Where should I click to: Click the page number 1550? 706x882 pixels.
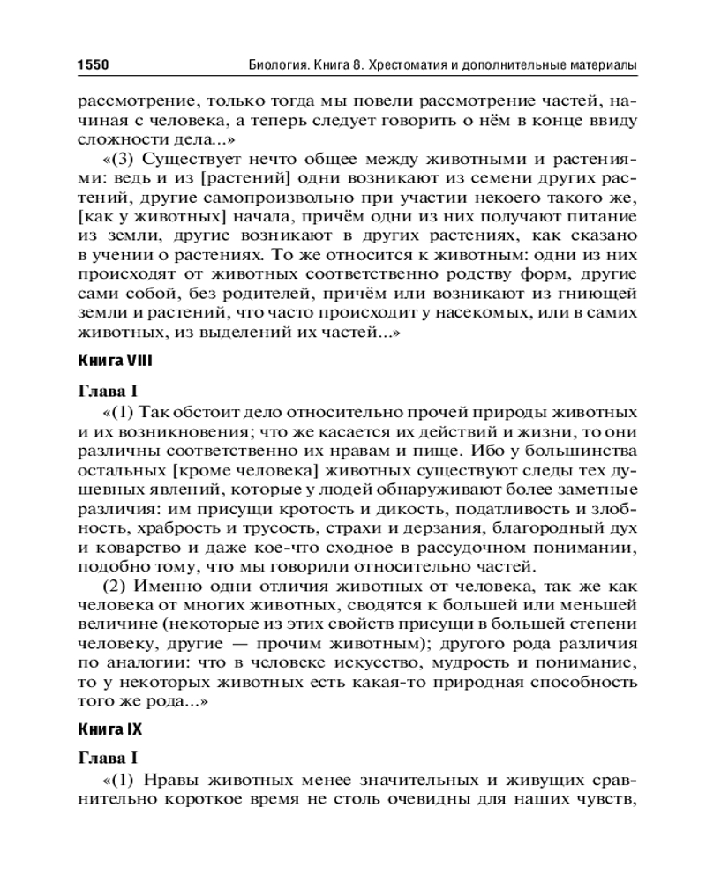92,65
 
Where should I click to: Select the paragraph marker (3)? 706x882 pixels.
123,160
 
